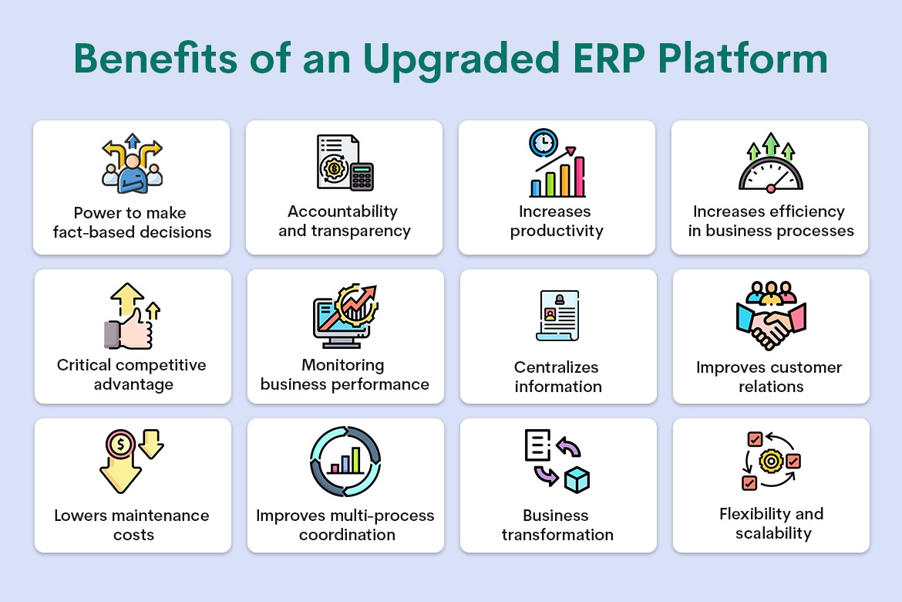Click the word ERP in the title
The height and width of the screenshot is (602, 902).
click(608, 58)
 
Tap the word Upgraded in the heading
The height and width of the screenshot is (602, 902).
click(461, 61)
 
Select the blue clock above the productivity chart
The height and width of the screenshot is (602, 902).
click(544, 143)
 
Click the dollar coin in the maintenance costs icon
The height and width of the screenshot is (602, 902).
click(120, 444)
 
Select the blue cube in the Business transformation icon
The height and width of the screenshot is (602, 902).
click(577, 480)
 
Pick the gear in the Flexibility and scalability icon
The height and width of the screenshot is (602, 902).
click(771, 461)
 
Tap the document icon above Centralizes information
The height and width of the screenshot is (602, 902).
click(557, 316)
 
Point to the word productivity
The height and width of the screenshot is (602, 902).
click(557, 232)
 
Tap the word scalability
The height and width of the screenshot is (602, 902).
click(773, 533)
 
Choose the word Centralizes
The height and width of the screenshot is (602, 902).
click(557, 367)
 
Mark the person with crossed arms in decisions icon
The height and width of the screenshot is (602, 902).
click(133, 173)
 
